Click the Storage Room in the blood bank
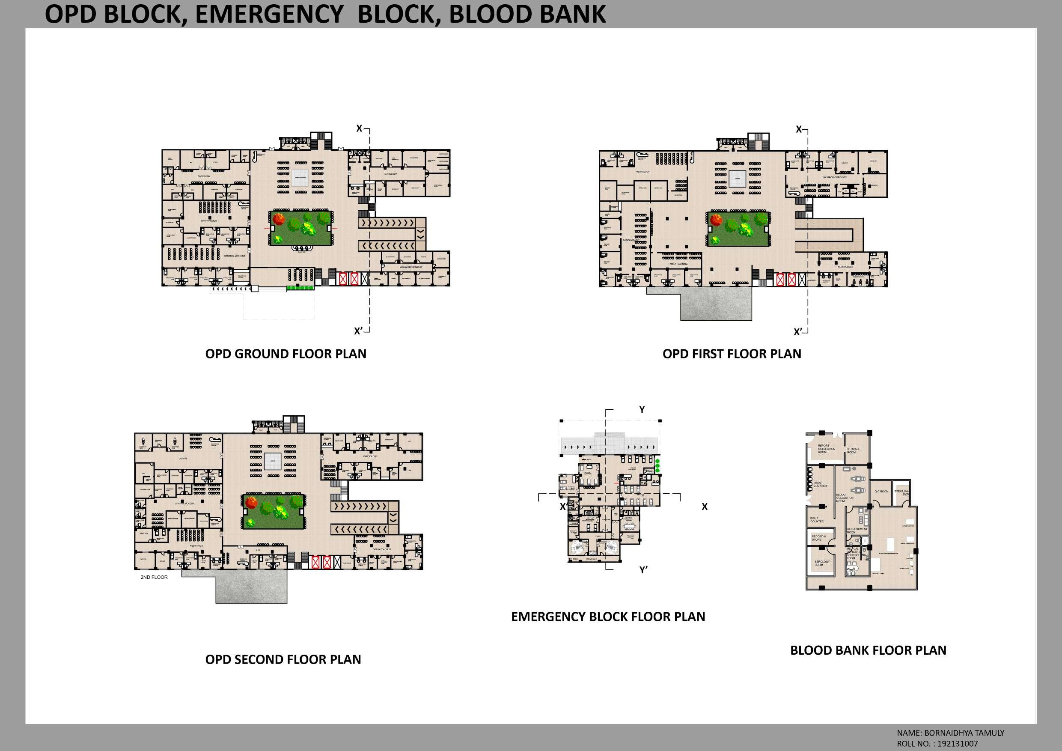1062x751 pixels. [x=854, y=450]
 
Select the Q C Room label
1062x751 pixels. [x=881, y=492]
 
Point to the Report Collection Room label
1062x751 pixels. [x=827, y=449]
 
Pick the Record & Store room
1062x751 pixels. [x=818, y=538]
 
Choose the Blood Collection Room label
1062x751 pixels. [x=845, y=498]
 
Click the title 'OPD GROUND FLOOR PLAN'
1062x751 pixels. [x=286, y=354]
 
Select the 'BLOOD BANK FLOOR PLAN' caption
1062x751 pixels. [x=868, y=650]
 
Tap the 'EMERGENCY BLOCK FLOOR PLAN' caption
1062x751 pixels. [x=608, y=617]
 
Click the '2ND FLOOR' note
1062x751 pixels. [x=154, y=577]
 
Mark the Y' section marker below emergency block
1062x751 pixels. [x=643, y=570]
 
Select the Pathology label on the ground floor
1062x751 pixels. [x=390, y=174]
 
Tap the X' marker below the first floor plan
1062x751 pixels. [x=797, y=332]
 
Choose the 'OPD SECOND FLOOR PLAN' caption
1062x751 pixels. [x=283, y=659]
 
